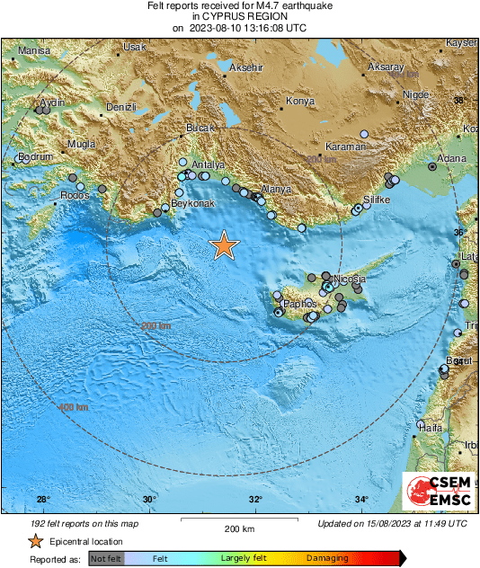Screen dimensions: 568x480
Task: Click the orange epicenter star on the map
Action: [x=223, y=245]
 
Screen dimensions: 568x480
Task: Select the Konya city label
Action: [x=299, y=102]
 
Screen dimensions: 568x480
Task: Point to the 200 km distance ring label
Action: [x=156, y=324]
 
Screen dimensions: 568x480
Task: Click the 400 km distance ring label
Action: [x=74, y=408]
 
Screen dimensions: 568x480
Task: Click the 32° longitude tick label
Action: [x=256, y=500]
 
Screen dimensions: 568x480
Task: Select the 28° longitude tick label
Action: [x=43, y=500]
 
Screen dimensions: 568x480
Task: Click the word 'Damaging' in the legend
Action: [x=327, y=559]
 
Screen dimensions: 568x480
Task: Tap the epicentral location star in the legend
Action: [x=35, y=541]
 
